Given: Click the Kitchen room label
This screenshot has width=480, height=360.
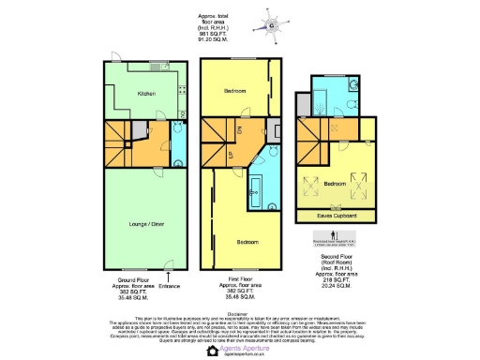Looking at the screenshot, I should tap(147, 94).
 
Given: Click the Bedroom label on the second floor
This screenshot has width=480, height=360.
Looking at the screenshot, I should tap(337, 186).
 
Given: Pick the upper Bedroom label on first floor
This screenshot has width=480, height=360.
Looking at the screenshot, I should tap(235, 91).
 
